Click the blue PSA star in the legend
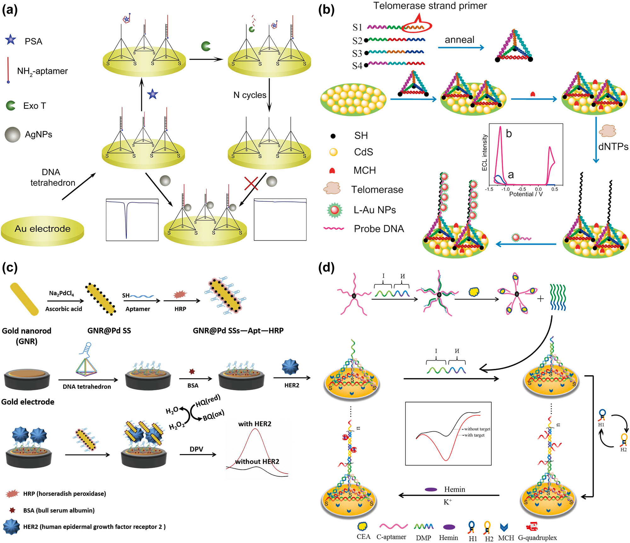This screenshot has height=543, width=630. (x=11, y=40)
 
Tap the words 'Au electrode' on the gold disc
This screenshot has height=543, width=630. (x=43, y=229)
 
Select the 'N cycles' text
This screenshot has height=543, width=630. (x=250, y=95)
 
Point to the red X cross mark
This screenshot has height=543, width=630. (x=251, y=183)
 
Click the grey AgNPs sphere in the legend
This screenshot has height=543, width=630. (x=13, y=134)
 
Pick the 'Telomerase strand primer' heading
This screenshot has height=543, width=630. (x=430, y=6)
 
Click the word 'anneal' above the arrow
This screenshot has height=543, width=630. (x=459, y=40)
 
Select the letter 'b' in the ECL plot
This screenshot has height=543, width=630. (x=509, y=134)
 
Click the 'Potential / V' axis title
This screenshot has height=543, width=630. (x=526, y=194)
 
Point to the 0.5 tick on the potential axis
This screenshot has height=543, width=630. (x=554, y=189)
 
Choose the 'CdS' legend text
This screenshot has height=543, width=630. (x=364, y=152)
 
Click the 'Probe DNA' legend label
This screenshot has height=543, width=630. (x=379, y=229)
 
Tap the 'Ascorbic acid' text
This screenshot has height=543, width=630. (x=64, y=309)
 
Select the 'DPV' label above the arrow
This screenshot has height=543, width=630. (x=196, y=449)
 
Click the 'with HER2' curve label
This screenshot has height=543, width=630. (x=255, y=424)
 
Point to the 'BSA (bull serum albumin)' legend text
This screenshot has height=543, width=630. (x=59, y=511)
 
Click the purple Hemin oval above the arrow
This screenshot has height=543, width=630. (x=431, y=489)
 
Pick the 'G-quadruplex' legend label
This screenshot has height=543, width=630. (x=537, y=538)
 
